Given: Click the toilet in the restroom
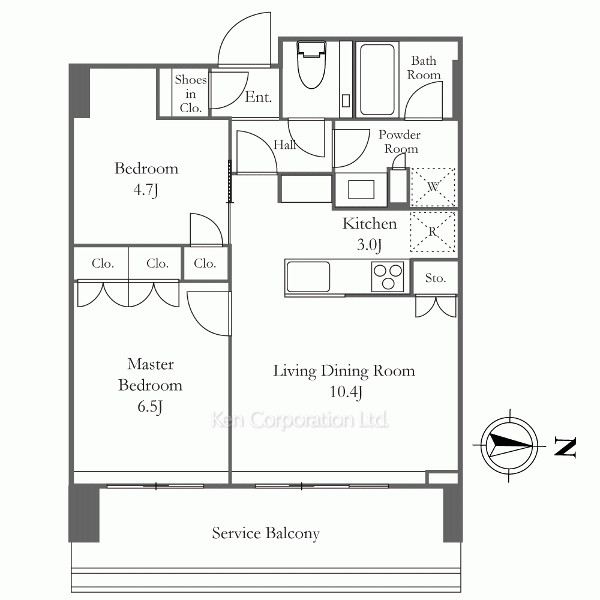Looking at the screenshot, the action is coord(311,64).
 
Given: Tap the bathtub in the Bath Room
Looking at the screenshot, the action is coord(377,80).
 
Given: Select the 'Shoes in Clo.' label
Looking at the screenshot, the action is coord(191,94).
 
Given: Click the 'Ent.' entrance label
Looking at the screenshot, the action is coord(258,97).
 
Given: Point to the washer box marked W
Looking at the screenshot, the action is coord(433,187).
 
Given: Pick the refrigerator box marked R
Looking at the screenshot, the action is coord(433,232).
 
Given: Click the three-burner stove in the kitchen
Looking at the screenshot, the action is coord(388,277).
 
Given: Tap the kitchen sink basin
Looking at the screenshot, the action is coord(308,277).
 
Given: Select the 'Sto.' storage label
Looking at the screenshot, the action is coord(436,278).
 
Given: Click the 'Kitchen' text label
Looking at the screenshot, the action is coord(369,224).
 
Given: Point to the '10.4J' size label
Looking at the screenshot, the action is coord(346,392).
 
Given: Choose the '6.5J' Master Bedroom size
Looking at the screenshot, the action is coord(150,406).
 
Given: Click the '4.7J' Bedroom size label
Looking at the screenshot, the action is coord(146,190).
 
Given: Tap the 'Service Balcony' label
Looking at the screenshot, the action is coord(266,533).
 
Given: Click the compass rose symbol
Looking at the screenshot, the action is coord(509,446).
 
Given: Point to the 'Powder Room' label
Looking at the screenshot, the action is coord(400,142).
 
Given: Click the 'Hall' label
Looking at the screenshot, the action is coord(284,145).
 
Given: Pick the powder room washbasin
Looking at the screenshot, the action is coord(361,190).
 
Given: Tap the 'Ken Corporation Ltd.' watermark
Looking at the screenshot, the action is coord(299,420).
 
